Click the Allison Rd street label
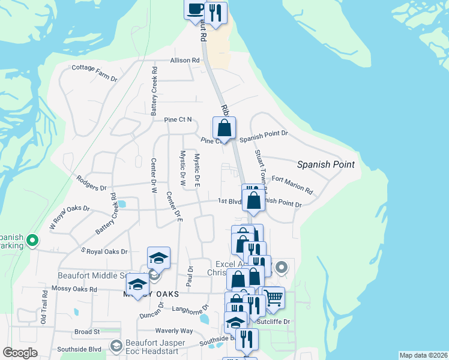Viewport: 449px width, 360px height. click(x=184, y=61)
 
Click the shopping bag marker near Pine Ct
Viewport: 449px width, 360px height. click(x=224, y=128)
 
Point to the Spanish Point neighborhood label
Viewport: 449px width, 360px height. click(x=326, y=164)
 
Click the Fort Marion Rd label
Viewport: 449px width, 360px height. click(x=292, y=185)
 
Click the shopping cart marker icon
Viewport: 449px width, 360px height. click(x=273, y=298)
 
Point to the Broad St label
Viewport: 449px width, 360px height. click(x=87, y=332)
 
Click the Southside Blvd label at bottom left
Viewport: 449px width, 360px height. click(x=79, y=349)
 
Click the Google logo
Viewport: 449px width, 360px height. click(x=20, y=353)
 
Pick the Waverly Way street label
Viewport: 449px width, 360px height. click(x=174, y=331)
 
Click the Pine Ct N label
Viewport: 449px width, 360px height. click(x=178, y=119)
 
